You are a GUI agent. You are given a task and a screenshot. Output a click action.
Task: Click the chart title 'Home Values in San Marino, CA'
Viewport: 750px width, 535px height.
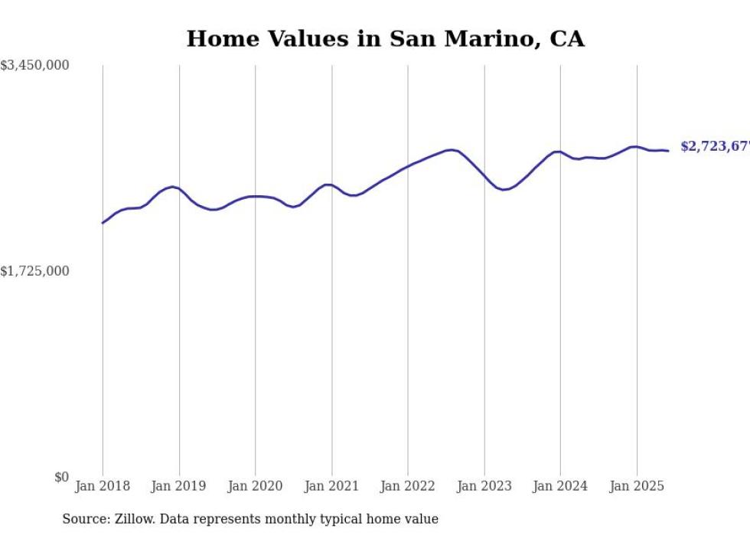(x=385, y=39)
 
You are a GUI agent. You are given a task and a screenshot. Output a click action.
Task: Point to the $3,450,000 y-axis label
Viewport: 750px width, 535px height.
(x=35, y=67)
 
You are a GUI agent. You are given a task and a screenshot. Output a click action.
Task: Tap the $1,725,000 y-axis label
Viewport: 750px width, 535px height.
(x=35, y=271)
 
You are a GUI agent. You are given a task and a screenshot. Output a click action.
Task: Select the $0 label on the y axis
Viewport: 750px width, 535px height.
(x=61, y=478)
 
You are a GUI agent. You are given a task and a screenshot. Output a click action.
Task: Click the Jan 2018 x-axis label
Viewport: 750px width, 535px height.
(x=103, y=486)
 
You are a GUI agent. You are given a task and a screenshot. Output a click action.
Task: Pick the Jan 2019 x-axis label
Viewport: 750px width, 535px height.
(x=179, y=486)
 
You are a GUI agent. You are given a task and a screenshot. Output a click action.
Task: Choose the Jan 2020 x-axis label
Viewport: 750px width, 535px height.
(x=255, y=486)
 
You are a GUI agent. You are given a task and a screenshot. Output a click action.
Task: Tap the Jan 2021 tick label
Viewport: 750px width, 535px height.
(x=331, y=486)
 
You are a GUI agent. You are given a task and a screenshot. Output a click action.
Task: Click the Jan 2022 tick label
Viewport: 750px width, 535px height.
(x=408, y=486)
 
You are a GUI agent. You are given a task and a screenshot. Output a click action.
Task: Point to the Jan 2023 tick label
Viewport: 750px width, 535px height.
(x=484, y=486)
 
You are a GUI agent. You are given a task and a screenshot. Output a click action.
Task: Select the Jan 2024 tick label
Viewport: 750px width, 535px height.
(x=560, y=486)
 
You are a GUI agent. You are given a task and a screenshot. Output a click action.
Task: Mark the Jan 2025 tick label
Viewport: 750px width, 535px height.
(x=637, y=486)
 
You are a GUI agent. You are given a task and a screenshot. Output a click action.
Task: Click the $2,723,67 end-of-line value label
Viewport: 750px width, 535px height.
(x=715, y=146)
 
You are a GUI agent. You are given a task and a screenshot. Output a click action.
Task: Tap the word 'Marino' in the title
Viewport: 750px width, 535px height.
(x=490, y=39)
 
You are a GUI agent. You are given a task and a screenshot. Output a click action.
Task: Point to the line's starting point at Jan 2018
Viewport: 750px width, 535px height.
(x=103, y=223)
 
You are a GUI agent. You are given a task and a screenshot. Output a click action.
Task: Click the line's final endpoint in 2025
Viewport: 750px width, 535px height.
(x=668, y=151)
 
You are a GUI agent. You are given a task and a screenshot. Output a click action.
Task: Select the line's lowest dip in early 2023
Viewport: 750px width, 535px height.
(x=503, y=189)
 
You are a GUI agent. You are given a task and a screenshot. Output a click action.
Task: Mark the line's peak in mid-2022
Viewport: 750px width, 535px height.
(x=452, y=150)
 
